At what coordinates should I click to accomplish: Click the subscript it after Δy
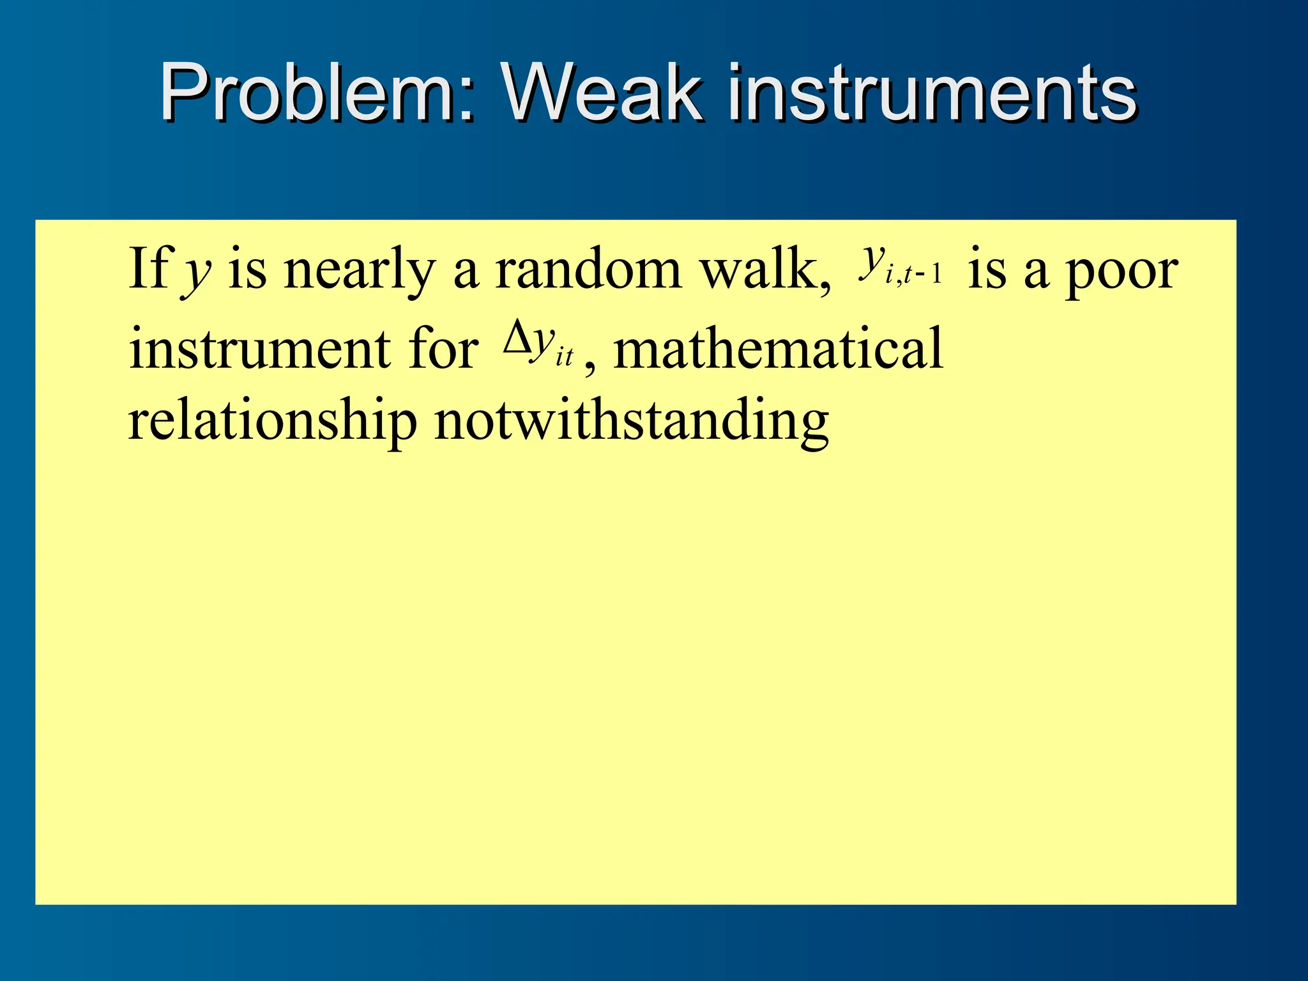click(x=565, y=356)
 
